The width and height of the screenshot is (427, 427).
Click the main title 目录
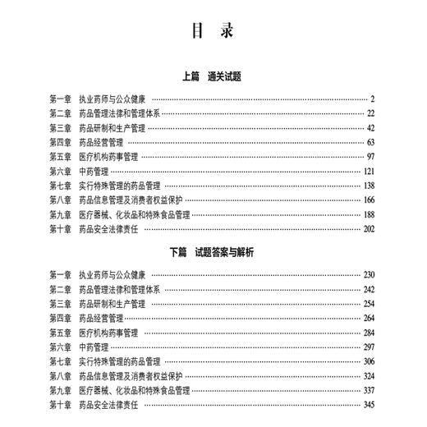[x=213, y=32]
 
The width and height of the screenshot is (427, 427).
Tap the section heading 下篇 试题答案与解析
[x=212, y=252]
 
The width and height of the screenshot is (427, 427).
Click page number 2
[x=372, y=99]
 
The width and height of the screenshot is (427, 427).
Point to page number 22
[x=370, y=113]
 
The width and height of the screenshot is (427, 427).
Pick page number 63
[x=370, y=142]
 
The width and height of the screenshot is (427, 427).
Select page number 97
[x=370, y=157]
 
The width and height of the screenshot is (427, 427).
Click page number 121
[x=369, y=172]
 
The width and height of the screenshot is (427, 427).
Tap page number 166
[x=369, y=200]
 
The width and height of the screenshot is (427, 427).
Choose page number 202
[x=369, y=229]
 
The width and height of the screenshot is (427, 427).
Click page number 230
[x=369, y=273]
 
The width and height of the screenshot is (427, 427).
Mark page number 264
[x=369, y=318]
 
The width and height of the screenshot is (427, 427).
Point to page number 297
[x=369, y=347]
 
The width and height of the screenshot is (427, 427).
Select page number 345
[x=369, y=406]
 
